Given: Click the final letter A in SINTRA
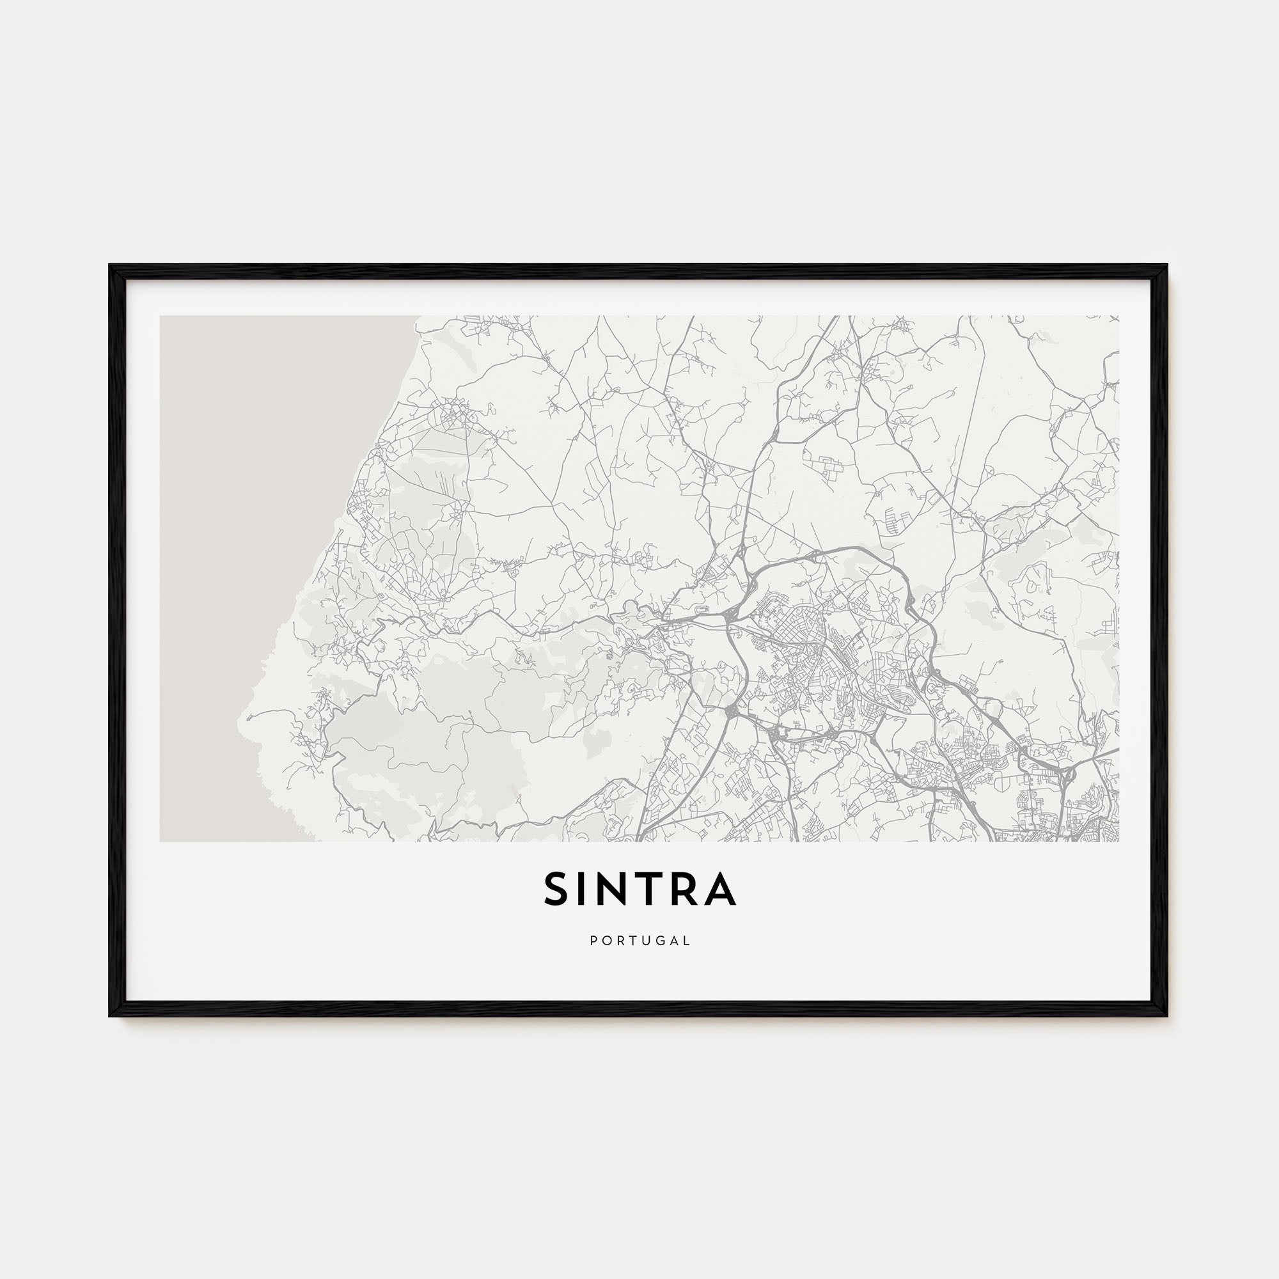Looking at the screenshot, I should point(720,888).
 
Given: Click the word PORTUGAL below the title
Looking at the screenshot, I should point(639,941).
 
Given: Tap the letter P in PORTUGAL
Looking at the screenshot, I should point(593,941).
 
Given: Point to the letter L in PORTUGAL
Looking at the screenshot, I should point(687,941).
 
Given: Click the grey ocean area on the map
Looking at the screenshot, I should point(265,530).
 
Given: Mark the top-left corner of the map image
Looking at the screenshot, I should point(161,316).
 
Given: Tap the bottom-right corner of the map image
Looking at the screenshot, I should point(1118,841).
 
